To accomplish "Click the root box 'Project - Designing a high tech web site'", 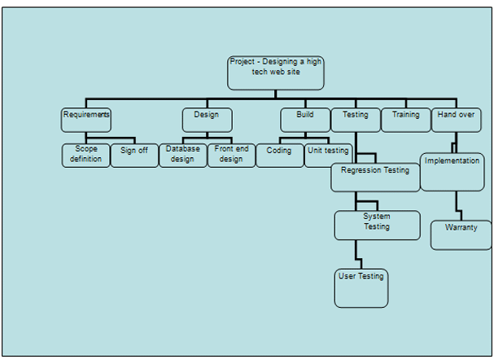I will pyautogui.click(x=276, y=72).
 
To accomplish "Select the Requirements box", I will pyautogui.click(x=85, y=120).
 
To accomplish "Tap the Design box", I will pyautogui.click(x=207, y=120).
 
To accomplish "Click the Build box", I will pyautogui.click(x=305, y=120).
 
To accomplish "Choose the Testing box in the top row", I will pyautogui.click(x=355, y=120).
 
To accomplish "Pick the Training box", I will pyautogui.click(x=405, y=120).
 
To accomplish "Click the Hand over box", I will pyautogui.click(x=456, y=120).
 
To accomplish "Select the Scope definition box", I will pyautogui.click(x=85, y=155).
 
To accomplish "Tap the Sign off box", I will pyautogui.click(x=134, y=155).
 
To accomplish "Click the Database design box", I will pyautogui.click(x=182, y=155).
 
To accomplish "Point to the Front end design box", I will pyautogui.click(x=231, y=155).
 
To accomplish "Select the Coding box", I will pyautogui.click(x=280, y=155).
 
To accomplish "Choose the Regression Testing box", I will pyautogui.click(x=375, y=177).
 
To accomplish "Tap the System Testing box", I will pyautogui.click(x=377, y=225).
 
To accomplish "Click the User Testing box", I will pyautogui.click(x=361, y=288).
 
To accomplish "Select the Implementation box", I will pyautogui.click(x=452, y=171).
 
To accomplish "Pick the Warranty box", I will pyautogui.click(x=461, y=235).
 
